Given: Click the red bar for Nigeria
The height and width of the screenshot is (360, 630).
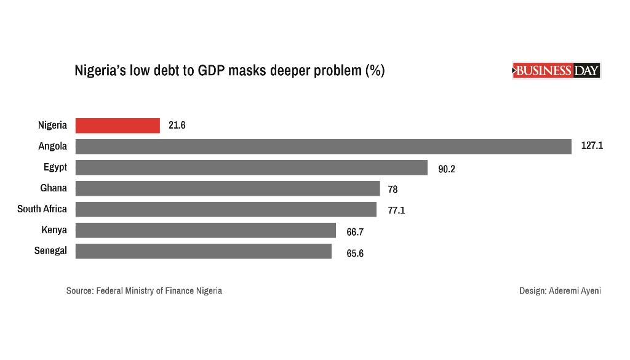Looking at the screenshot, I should click(x=118, y=126).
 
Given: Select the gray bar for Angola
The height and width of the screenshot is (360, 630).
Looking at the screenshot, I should click(x=324, y=146).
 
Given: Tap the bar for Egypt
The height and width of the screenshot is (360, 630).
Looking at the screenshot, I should click(x=251, y=167).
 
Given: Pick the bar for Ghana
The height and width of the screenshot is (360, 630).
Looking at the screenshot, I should click(x=228, y=188).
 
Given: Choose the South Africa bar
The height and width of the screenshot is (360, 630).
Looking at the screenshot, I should click(x=226, y=209).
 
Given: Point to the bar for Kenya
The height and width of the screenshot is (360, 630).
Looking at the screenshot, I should click(x=205, y=230).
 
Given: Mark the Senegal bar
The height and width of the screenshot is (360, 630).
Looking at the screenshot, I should click(x=203, y=251).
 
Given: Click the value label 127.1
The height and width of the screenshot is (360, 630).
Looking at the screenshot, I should click(x=592, y=146).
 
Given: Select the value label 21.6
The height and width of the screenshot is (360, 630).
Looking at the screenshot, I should click(x=177, y=126).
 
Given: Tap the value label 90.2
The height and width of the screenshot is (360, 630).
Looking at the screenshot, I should click(x=447, y=169).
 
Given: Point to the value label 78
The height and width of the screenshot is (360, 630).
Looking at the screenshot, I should click(x=393, y=190).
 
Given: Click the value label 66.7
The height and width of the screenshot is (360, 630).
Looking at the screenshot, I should click(x=355, y=232).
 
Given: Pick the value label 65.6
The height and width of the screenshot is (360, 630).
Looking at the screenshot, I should click(x=355, y=253).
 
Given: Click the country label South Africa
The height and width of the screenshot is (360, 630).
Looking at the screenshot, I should click(x=42, y=209).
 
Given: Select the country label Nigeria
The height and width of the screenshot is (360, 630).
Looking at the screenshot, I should click(x=52, y=126).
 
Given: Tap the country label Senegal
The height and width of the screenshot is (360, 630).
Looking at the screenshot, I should click(x=50, y=251).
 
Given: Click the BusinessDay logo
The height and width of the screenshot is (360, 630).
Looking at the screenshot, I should click(x=556, y=71).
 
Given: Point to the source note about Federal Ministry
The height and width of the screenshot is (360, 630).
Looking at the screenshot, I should click(x=144, y=290).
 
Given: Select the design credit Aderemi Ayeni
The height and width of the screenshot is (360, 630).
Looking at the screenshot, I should click(x=560, y=290).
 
